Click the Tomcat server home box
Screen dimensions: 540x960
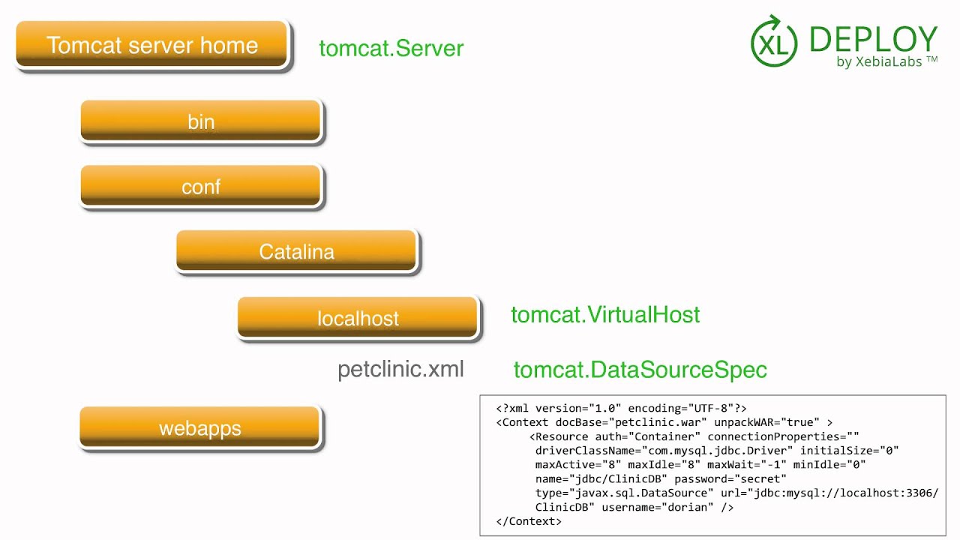[152, 45]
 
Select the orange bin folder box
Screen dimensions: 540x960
[201, 121]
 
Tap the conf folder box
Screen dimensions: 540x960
[201, 187]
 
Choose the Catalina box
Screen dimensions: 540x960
[297, 252]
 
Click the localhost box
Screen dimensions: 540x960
[358, 318]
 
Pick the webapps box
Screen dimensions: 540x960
[200, 428]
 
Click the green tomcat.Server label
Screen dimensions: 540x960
[391, 49]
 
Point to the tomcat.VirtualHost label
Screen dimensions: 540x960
[605, 314]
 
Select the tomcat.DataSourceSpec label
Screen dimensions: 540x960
[640, 370]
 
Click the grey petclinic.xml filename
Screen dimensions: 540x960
[400, 369]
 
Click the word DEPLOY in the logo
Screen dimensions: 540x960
[874, 39]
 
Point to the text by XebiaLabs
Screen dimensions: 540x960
[886, 62]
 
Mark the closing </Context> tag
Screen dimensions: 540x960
[529, 521]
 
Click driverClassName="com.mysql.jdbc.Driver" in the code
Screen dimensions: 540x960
[664, 450]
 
